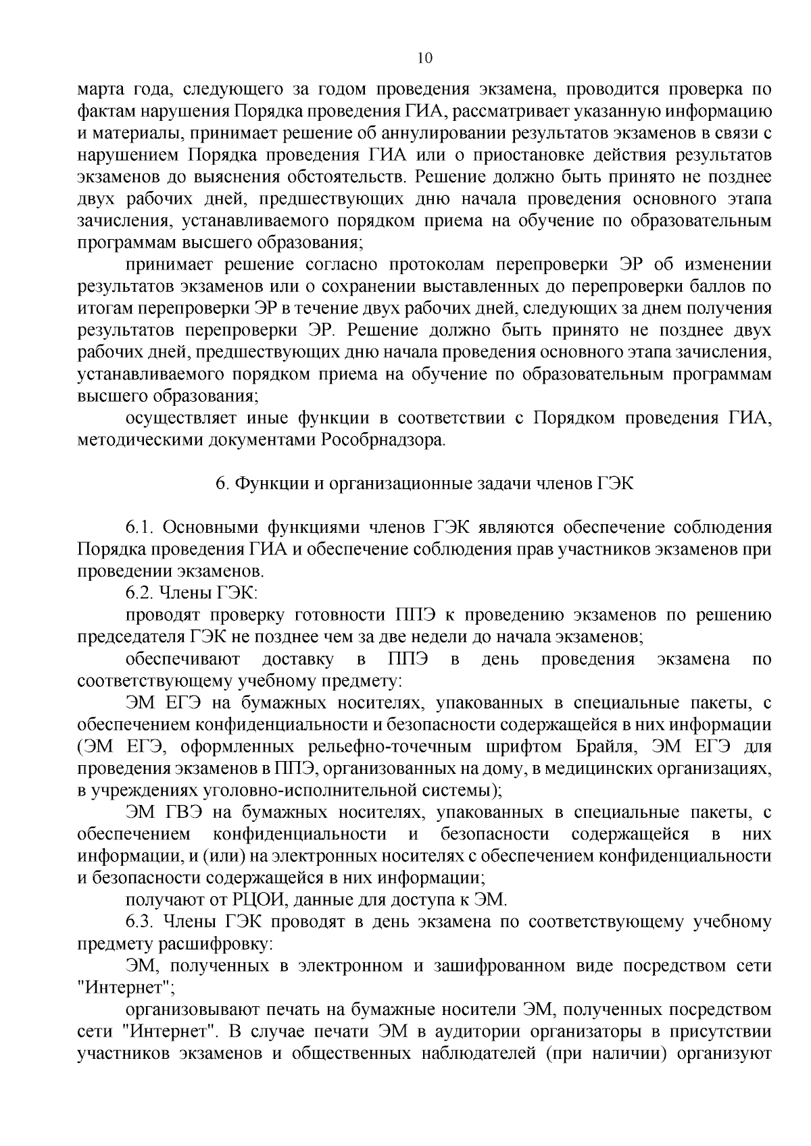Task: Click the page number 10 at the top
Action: click(x=425, y=58)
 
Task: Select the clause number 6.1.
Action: click(x=141, y=527)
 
